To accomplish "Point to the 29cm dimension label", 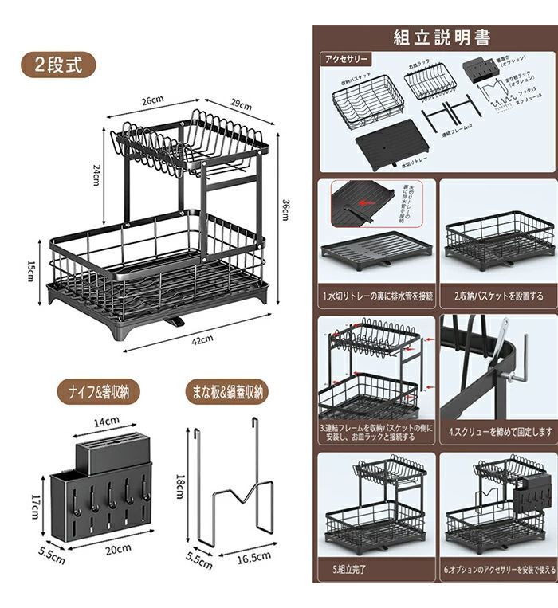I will tap(241, 104).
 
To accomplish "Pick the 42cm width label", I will tap(202, 339).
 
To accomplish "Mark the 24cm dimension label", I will tap(96, 175).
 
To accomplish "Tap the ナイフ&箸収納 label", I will tap(98, 391).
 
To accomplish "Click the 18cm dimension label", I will tap(180, 480).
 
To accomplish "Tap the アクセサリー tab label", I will tap(346, 59).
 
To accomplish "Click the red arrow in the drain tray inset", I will tap(367, 204).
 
